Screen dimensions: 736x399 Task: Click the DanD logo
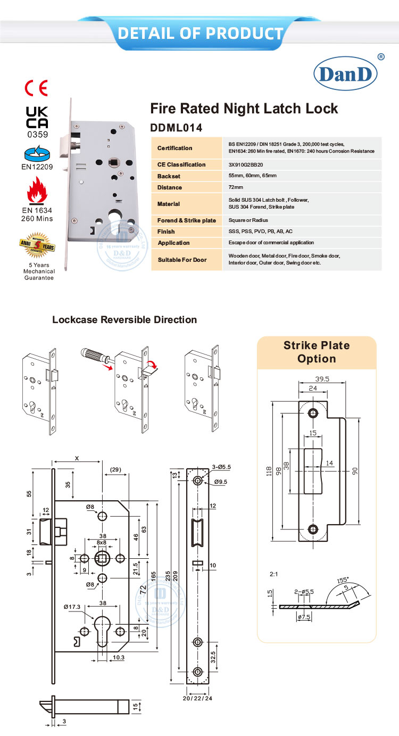click(x=345, y=75)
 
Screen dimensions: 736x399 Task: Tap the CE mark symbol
click(x=37, y=88)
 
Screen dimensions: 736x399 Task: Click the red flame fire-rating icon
click(x=37, y=191)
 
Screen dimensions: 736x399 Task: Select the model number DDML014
click(x=177, y=128)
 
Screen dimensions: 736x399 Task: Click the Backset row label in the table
click(x=170, y=176)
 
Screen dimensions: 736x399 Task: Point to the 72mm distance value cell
click(x=235, y=187)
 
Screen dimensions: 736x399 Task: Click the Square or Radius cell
click(x=248, y=220)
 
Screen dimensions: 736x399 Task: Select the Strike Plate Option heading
click(x=317, y=352)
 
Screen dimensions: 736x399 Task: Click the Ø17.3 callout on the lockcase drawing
click(x=71, y=606)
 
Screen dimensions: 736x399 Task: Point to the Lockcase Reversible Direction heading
click(x=124, y=320)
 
